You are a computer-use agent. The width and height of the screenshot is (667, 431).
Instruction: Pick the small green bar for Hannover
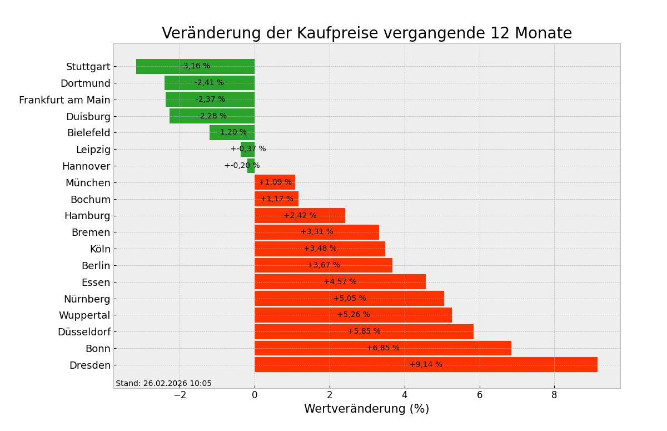coord(251,166)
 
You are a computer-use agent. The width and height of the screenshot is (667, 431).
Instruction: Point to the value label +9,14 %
coord(426,365)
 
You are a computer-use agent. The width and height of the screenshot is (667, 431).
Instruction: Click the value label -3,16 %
coord(195,66)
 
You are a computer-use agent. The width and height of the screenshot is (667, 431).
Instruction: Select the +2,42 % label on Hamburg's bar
coord(300,216)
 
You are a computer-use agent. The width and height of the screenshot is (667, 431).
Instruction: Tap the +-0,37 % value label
coord(248,149)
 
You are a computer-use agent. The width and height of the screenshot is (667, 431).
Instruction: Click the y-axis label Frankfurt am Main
coord(64,100)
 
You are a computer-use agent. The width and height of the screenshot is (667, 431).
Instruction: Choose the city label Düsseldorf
coord(84,332)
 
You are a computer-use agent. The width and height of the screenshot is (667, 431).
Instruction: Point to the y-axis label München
coord(88,183)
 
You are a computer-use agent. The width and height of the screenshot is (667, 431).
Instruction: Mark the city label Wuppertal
coord(84,315)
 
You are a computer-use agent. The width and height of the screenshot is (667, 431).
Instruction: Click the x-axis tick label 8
coord(554,395)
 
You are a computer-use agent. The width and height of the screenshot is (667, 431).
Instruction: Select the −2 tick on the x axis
coord(180,395)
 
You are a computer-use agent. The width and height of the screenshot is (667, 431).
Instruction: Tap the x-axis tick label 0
coord(255,395)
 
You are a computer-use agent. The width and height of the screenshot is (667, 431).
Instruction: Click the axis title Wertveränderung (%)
coord(366,409)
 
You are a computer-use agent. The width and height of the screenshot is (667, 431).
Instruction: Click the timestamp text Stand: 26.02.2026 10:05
coord(163,384)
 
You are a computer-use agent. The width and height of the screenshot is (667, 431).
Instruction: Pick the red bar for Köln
coord(289,249)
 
